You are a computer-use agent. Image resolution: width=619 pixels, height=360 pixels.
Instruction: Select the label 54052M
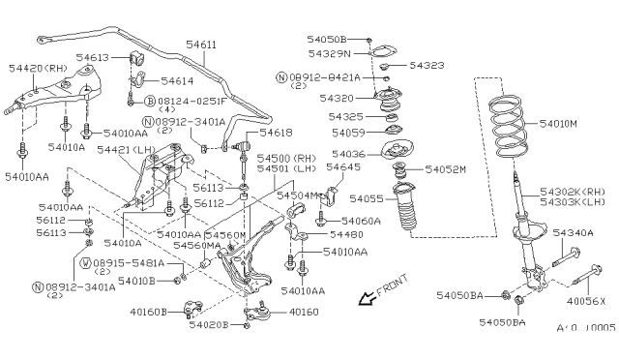pos(445,170)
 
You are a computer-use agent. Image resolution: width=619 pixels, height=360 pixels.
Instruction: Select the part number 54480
pos(346,234)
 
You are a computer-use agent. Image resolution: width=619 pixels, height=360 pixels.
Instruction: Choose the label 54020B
pos(208,325)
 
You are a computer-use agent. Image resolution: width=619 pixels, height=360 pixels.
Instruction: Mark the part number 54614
pos(177,82)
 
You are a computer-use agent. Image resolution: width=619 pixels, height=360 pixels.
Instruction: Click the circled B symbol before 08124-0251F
pos(151,101)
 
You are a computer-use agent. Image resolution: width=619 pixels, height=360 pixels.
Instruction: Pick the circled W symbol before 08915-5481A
pos(86,262)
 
